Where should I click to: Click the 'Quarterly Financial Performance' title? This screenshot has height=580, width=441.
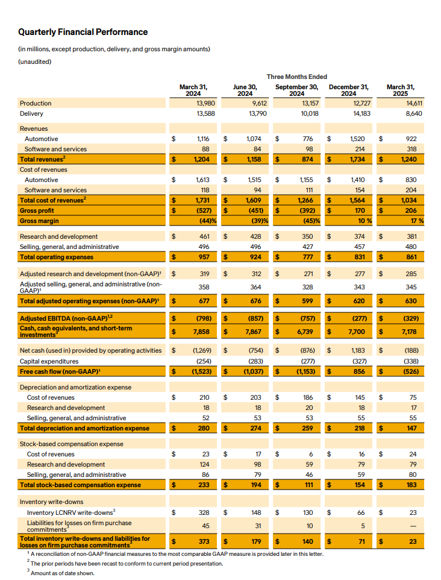83,32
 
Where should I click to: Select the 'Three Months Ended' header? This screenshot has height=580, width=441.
297,77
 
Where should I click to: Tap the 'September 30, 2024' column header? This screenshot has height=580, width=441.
297,90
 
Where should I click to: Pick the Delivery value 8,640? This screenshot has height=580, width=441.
407,113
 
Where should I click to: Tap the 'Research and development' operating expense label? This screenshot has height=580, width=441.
58,236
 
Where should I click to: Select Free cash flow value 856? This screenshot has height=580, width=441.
358,371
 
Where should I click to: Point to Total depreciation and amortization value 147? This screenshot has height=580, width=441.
409,428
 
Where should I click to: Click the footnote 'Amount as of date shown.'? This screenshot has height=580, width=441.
62,572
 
